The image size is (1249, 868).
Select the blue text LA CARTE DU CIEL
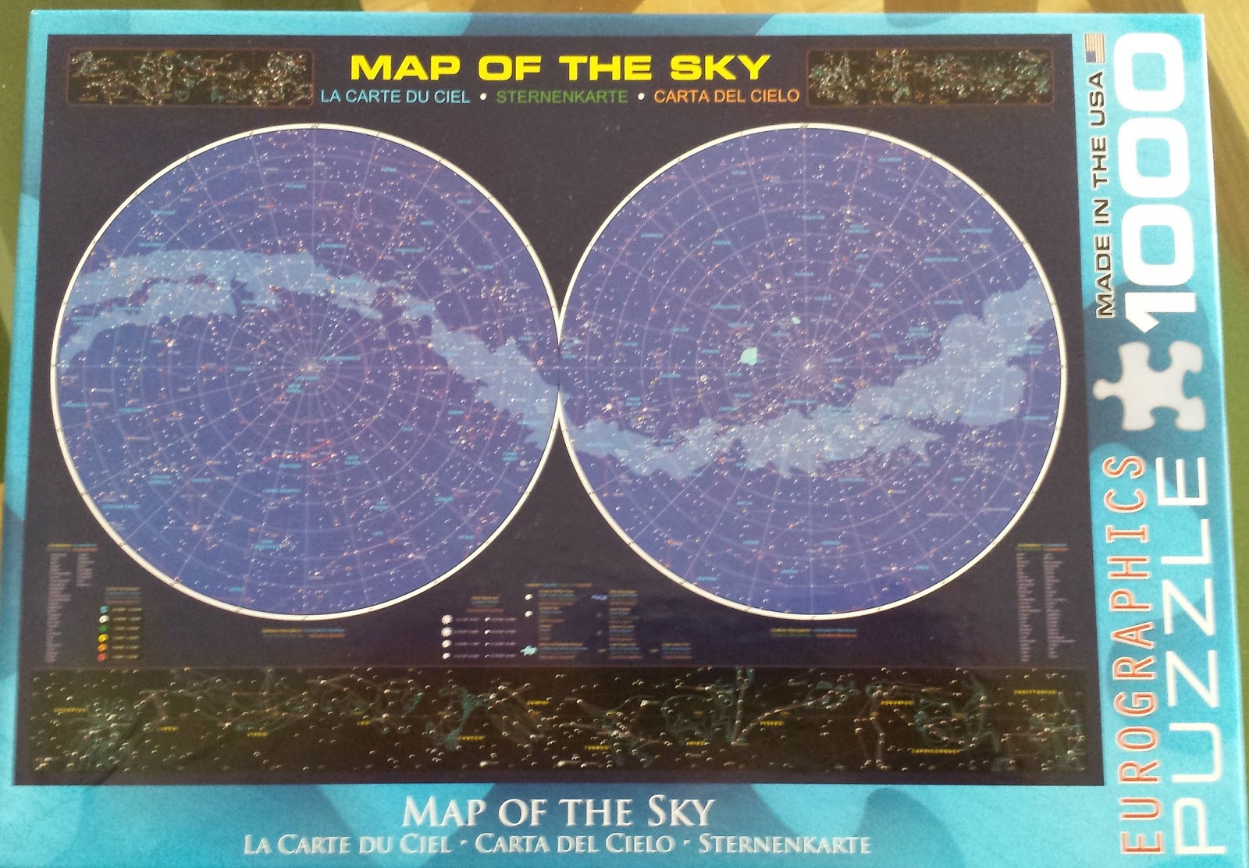coord(394,98)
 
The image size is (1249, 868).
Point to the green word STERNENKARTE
coord(562,98)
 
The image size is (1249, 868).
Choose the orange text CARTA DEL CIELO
coord(726,97)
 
